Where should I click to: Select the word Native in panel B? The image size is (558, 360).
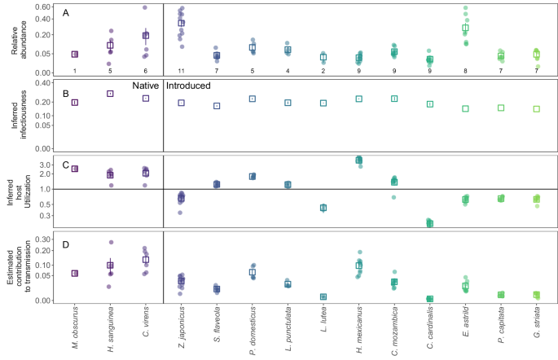coord(144,86)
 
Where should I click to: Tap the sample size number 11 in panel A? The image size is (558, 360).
coord(181,71)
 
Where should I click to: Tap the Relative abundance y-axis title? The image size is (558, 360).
coord(18,38)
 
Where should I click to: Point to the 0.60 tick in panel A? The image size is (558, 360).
coord(42,7)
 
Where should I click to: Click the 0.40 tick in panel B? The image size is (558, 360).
coord(42,83)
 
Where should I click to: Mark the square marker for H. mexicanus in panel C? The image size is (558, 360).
coord(359,160)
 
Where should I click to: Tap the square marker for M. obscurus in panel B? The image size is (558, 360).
coord(74,103)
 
